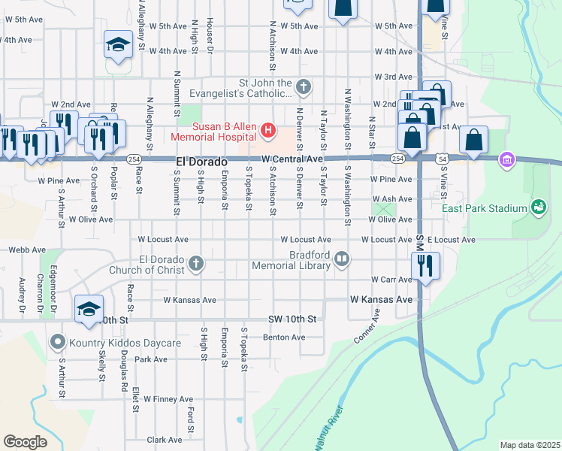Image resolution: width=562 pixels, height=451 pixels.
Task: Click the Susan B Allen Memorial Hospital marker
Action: pyautogui.click(x=267, y=132)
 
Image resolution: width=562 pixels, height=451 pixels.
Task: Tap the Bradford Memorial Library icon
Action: pyautogui.click(x=342, y=259)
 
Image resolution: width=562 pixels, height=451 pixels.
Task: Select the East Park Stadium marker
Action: pyautogui.click(x=538, y=206)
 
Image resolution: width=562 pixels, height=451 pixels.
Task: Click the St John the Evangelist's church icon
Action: pyautogui.click(x=303, y=88)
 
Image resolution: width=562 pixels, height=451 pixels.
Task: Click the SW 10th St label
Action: pyautogui.click(x=293, y=319)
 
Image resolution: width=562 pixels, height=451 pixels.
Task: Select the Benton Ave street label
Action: pyautogui.click(x=284, y=337)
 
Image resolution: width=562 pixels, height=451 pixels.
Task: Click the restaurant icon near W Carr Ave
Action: pyautogui.click(x=426, y=266)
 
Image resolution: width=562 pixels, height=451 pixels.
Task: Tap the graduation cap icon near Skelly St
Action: pyautogui.click(x=89, y=309)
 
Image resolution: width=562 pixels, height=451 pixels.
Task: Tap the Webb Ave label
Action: pyautogui.click(x=23, y=250)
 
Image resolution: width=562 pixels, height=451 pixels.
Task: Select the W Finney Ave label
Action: pyautogui.click(x=169, y=398)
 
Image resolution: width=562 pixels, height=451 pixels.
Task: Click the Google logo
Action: pyautogui.click(x=25, y=442)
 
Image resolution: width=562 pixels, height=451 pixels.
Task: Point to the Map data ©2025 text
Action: pyautogui.click(x=529, y=445)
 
